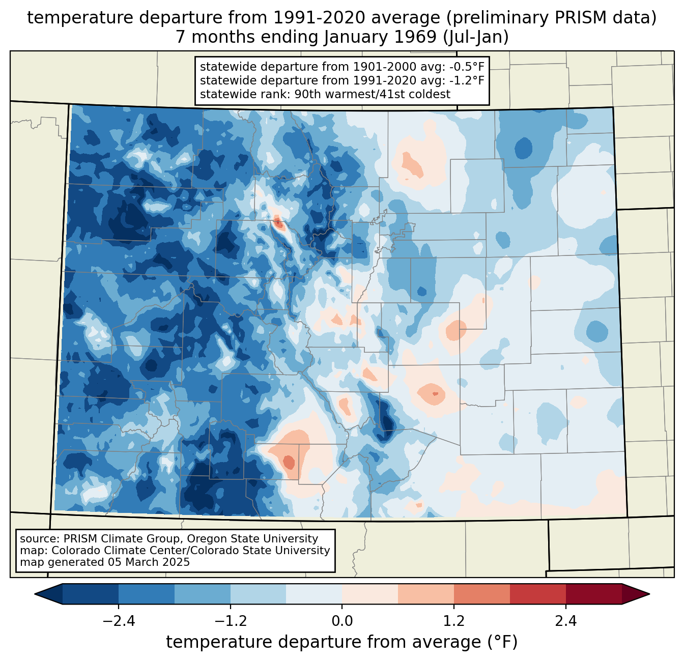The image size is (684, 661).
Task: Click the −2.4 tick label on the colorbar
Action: tap(118, 621)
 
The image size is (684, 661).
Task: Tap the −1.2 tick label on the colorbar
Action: tap(230, 621)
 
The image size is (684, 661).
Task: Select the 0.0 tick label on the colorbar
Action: tap(342, 621)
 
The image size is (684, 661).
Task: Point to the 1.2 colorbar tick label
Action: tap(454, 621)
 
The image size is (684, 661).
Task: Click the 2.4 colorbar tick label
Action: tap(565, 621)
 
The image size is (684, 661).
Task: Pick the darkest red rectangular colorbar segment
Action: tap(593, 594)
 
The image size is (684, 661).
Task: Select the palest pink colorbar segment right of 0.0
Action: tap(370, 594)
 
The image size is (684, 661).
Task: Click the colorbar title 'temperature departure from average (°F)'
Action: tap(341, 642)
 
